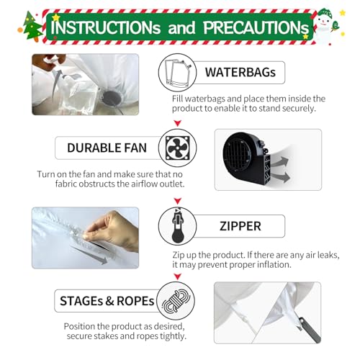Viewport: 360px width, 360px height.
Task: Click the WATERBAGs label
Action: point(240,72)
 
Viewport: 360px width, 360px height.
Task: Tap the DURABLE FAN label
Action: point(107,148)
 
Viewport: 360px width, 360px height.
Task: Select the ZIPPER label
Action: point(240,226)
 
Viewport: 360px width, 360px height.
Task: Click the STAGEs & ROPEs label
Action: point(107,301)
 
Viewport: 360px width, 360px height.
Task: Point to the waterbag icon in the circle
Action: point(178,73)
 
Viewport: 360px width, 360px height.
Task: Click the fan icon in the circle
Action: point(178,148)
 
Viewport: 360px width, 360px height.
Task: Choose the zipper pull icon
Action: point(178,225)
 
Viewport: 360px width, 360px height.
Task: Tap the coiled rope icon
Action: point(176,301)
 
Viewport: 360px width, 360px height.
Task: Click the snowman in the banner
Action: point(325,26)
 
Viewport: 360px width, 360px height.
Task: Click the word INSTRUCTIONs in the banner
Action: point(106,27)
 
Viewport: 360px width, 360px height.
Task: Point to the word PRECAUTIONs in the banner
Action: point(256,27)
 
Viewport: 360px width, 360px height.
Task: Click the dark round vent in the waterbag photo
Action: point(112,98)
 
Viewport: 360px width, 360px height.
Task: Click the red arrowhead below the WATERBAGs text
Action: point(178,123)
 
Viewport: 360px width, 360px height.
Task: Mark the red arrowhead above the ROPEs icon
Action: point(178,276)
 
